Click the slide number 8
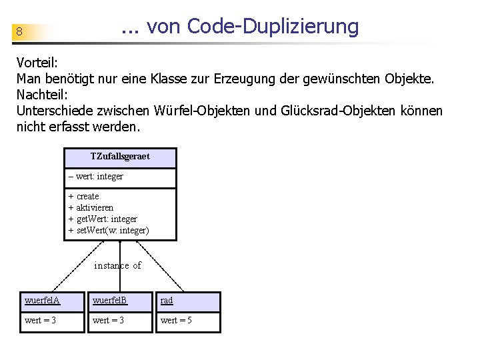pyautogui.click(x=20, y=32)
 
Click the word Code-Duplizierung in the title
pyautogui.click(x=273, y=27)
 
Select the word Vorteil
pyautogui.click(x=37, y=63)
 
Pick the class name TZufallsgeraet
pyautogui.click(x=120, y=157)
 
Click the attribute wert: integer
pyautogui.click(x=96, y=177)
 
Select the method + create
pyautogui.click(x=84, y=197)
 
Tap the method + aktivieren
pyautogui.click(x=91, y=208)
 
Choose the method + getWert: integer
pyautogui.click(x=103, y=219)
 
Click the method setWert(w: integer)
pyautogui.click(x=109, y=231)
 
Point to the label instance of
pyautogui.click(x=118, y=266)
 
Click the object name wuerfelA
pyautogui.click(x=42, y=301)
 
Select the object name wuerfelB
pyautogui.click(x=110, y=301)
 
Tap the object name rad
pyautogui.click(x=167, y=301)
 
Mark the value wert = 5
pyautogui.click(x=176, y=321)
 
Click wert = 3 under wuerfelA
pyautogui.click(x=40, y=321)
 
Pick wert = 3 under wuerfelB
pyautogui.click(x=108, y=321)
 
